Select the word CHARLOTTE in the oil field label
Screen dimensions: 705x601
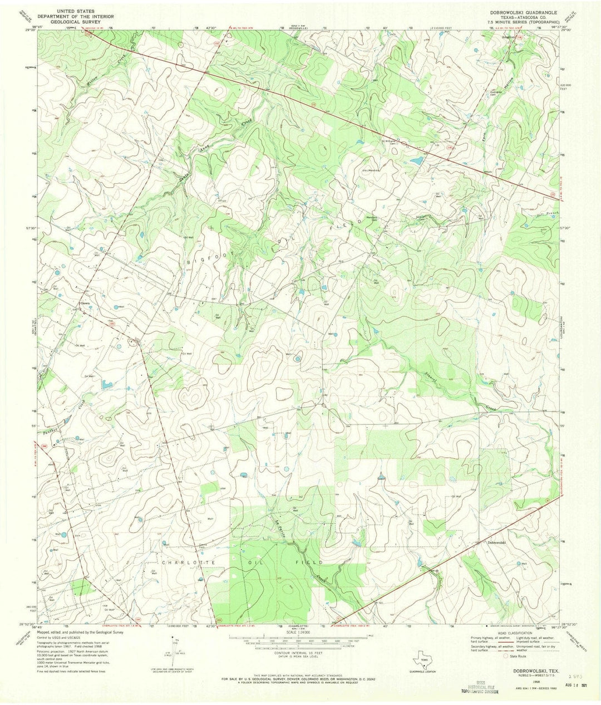click(x=186, y=563)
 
